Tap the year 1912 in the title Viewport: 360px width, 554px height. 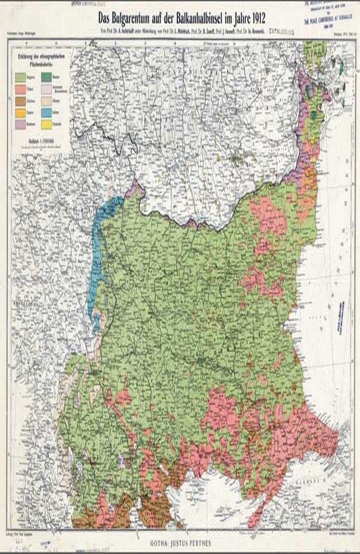tap(250, 16)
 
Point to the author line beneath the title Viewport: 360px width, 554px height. tap(179, 29)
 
